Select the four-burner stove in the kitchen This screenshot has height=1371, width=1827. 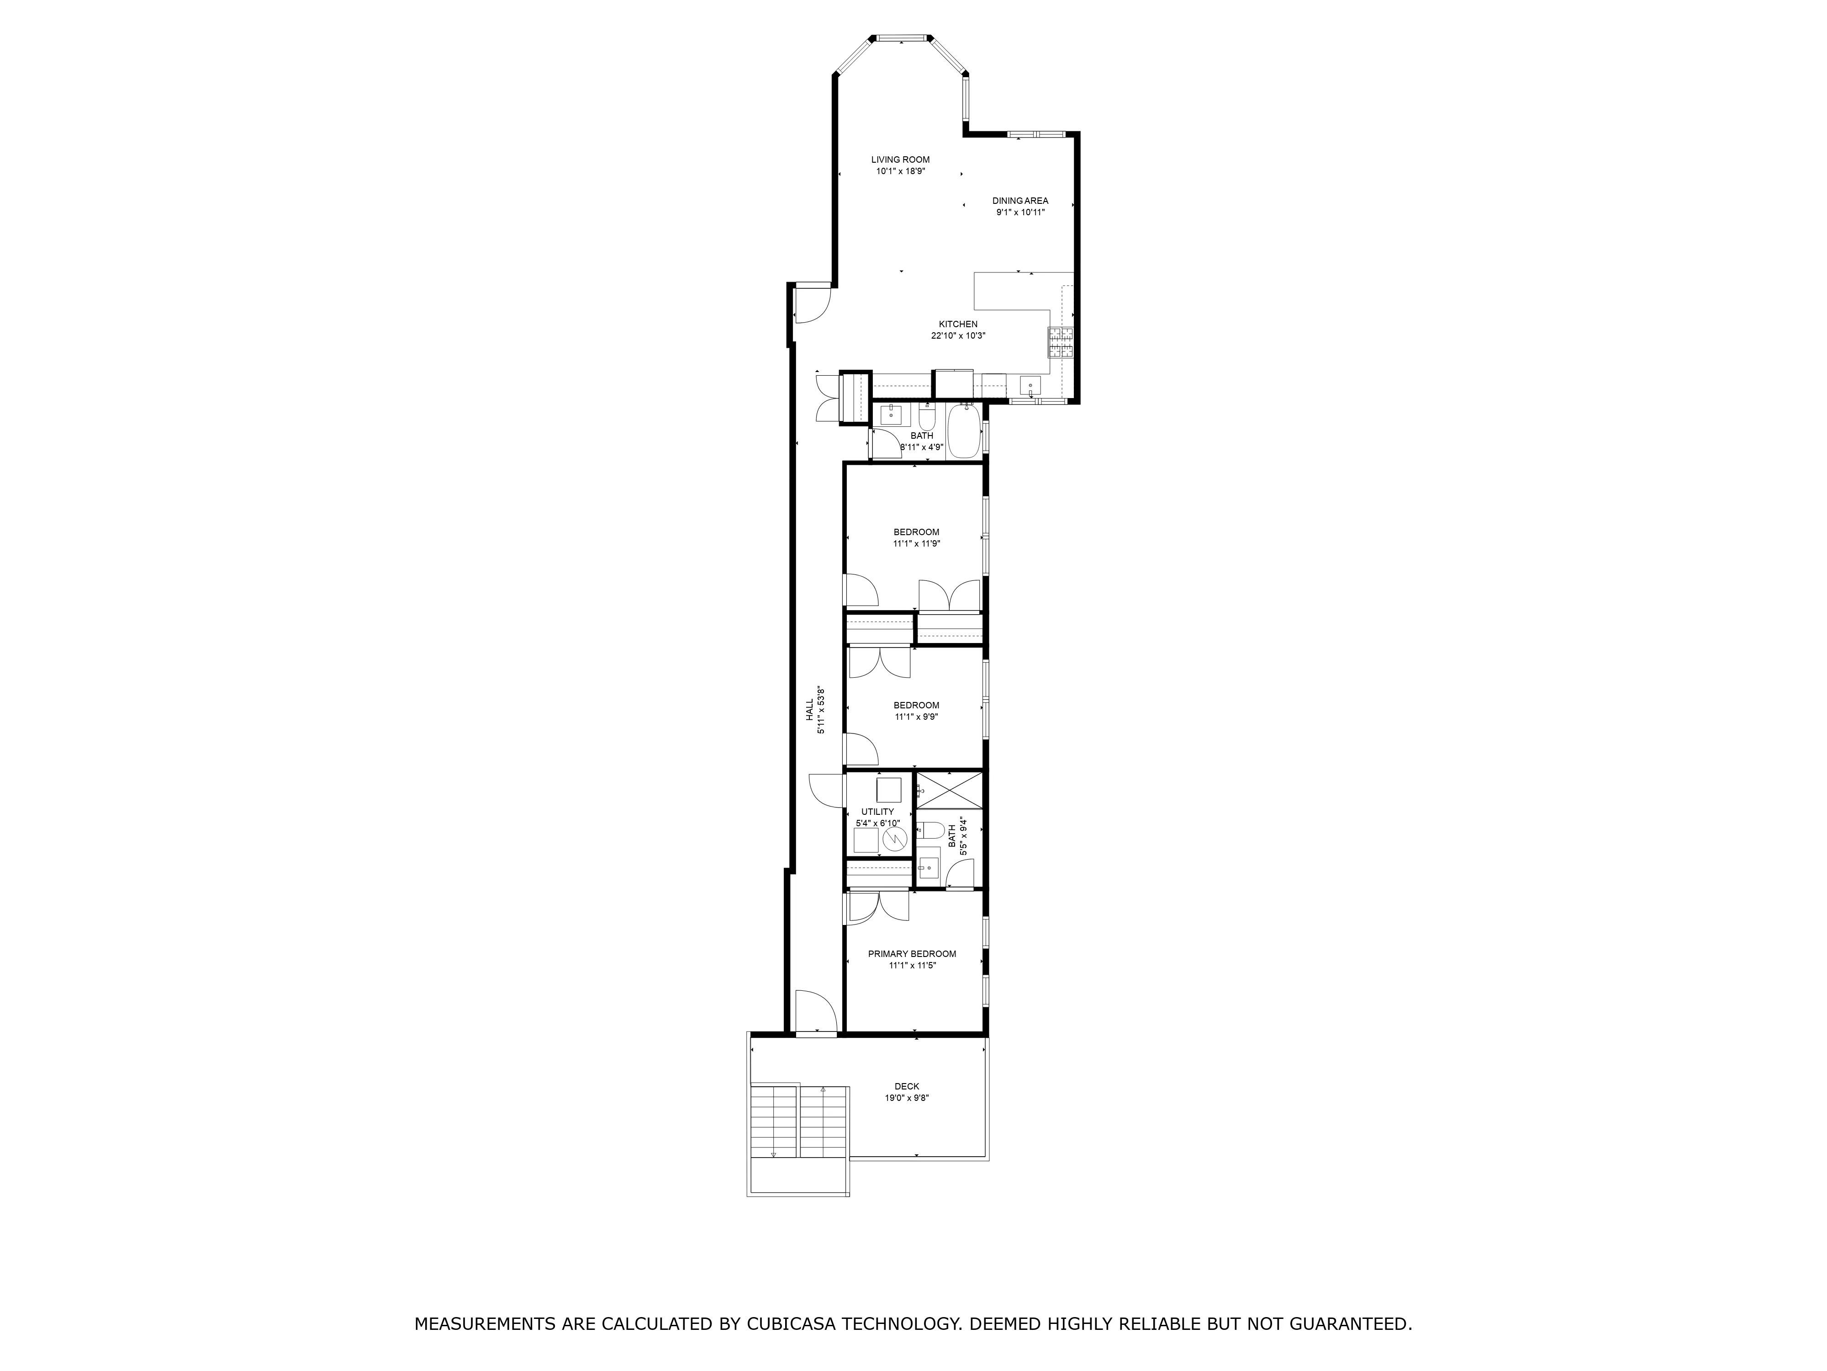click(x=1061, y=342)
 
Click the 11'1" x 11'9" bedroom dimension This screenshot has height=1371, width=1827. click(x=916, y=544)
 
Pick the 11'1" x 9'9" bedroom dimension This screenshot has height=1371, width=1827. click(x=916, y=717)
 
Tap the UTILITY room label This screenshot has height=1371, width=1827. click(x=877, y=812)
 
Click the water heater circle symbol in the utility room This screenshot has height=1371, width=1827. click(x=894, y=840)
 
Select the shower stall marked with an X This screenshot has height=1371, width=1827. click(x=950, y=790)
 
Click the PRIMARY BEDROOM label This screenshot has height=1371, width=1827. click(x=912, y=954)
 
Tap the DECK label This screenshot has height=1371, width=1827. click(x=906, y=1087)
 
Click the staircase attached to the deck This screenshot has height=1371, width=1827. click(x=799, y=1121)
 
